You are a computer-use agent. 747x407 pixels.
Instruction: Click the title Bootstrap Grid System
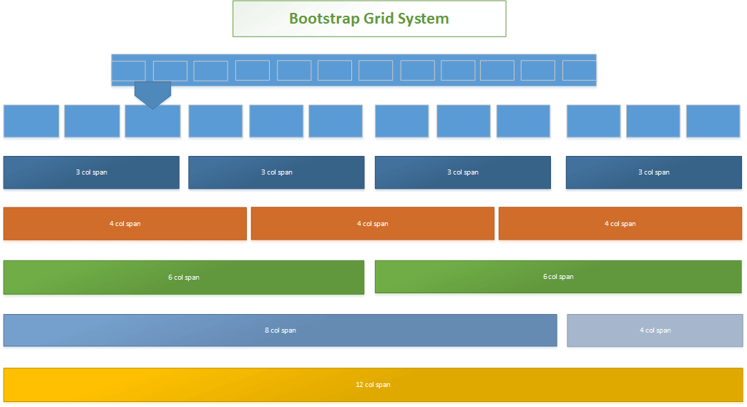(368, 19)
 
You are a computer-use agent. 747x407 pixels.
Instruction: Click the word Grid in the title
(381, 19)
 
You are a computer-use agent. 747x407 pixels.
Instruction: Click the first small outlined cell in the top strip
(129, 71)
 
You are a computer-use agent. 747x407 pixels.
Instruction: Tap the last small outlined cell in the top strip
(579, 71)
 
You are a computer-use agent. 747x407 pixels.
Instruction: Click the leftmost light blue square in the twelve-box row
(31, 121)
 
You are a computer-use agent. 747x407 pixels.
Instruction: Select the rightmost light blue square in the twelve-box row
(713, 121)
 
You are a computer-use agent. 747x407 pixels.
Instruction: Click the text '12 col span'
(373, 385)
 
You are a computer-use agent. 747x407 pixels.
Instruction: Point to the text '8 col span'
(280, 330)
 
